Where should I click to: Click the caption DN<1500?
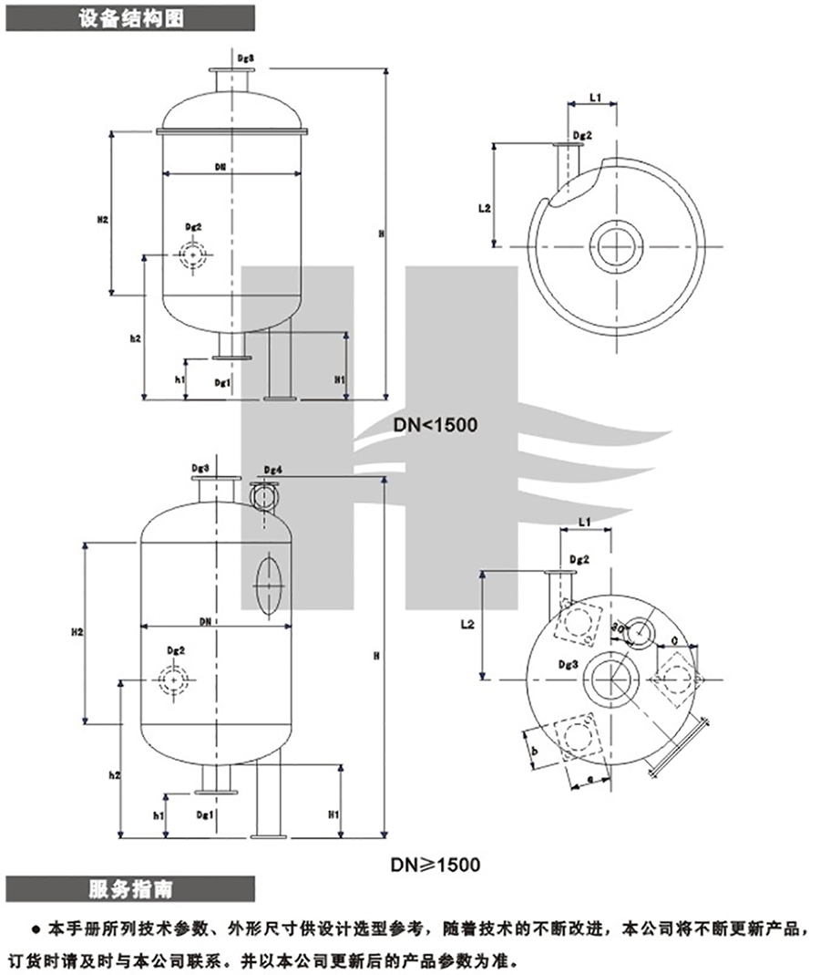click(x=436, y=425)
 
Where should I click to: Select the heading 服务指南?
click(x=130, y=888)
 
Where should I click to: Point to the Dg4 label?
click(x=272, y=470)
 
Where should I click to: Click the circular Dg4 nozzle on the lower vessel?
click(x=264, y=496)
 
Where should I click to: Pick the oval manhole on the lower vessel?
click(x=268, y=583)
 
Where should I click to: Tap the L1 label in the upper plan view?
click(x=594, y=95)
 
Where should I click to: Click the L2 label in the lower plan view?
click(x=467, y=625)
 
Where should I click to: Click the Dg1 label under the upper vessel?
click(x=221, y=383)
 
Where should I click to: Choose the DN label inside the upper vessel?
click(x=220, y=167)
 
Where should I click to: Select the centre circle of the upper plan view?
click(x=617, y=245)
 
